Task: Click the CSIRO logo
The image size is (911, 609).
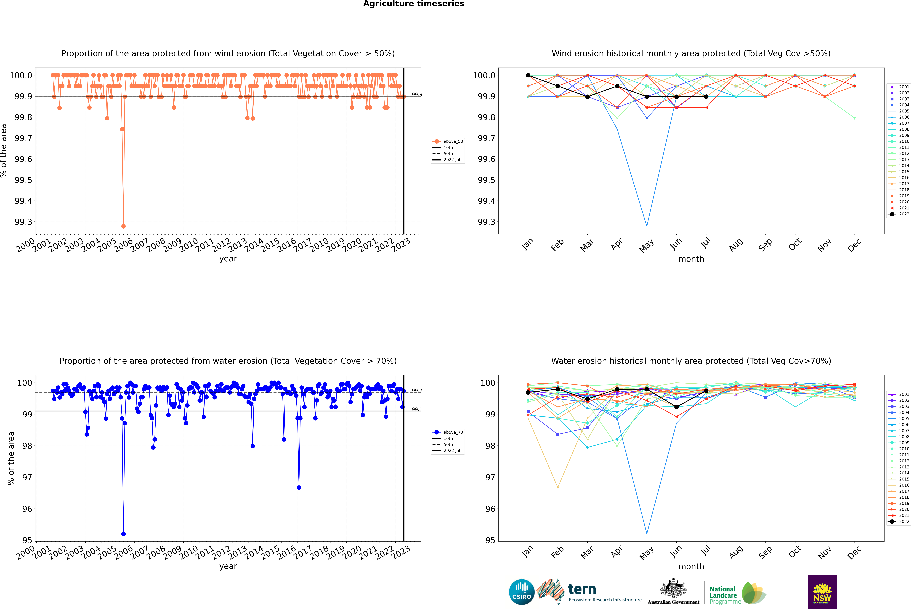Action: [522, 592]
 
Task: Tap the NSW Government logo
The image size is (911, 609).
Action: [822, 592]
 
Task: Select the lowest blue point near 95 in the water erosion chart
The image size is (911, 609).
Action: [123, 534]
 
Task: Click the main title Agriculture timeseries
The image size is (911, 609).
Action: [414, 4]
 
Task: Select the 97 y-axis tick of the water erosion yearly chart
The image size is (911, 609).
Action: [27, 477]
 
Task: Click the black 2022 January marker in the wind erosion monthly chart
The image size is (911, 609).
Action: [528, 75]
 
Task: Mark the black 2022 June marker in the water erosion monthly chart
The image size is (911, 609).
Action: [676, 407]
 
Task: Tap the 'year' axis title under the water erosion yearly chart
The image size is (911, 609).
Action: [228, 566]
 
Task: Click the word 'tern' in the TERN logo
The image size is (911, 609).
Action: [582, 590]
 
